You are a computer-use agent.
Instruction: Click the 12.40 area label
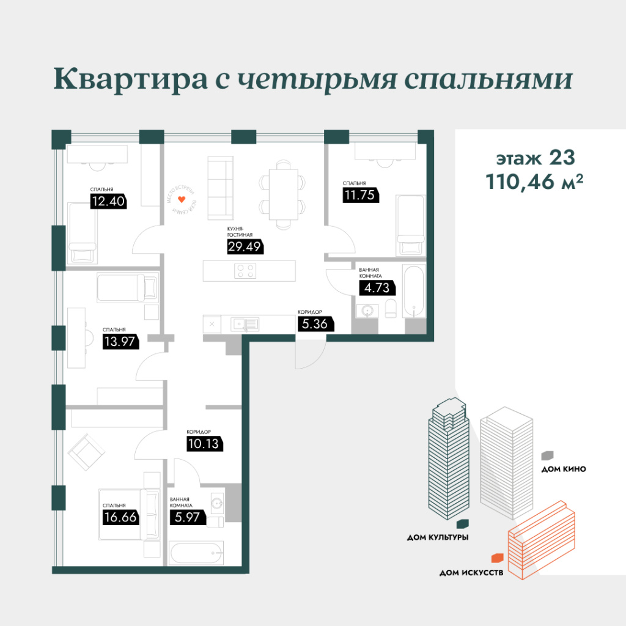(x=108, y=201)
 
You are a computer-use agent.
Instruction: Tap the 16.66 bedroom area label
(x=120, y=518)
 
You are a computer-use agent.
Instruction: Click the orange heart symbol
(x=181, y=200)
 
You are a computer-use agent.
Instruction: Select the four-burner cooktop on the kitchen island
(x=246, y=270)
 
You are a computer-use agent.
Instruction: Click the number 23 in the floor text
(x=562, y=158)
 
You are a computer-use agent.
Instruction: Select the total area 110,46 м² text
(x=530, y=182)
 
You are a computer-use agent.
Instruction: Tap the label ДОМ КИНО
(x=564, y=469)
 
